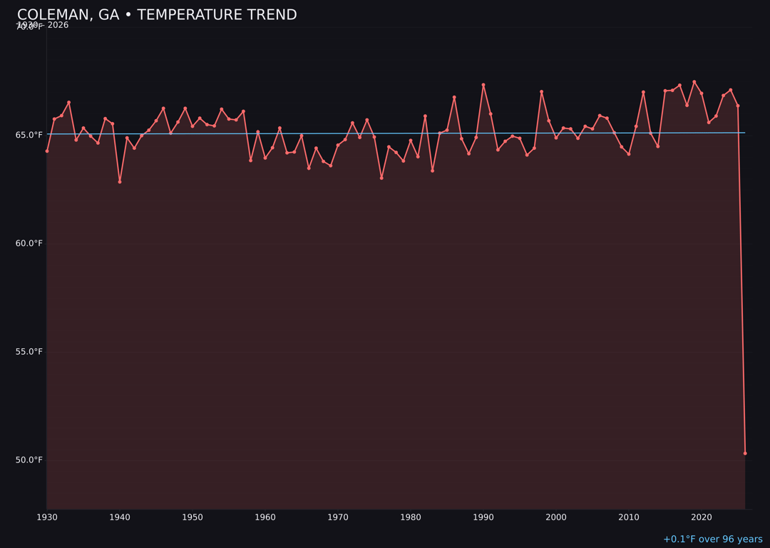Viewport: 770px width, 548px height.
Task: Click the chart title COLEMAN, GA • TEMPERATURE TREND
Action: tap(157, 15)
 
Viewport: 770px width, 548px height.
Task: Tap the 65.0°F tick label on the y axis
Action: tap(29, 135)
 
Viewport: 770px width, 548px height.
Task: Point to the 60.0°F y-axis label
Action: tap(29, 243)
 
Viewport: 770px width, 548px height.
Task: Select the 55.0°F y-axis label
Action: tap(29, 352)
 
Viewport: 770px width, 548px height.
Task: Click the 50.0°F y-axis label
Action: tap(29, 460)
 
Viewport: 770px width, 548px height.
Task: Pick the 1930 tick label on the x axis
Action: tap(47, 517)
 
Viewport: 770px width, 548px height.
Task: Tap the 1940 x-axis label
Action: tap(120, 517)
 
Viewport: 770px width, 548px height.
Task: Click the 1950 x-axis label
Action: tap(192, 517)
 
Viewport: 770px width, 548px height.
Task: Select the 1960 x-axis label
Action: tap(265, 517)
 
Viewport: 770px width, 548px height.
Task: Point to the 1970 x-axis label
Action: tap(338, 517)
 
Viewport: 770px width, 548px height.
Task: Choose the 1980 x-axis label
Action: tap(411, 517)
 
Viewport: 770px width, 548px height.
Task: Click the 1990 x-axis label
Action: tap(483, 517)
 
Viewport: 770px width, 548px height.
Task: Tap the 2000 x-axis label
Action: tap(556, 517)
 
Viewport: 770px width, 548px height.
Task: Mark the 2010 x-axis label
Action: tap(629, 517)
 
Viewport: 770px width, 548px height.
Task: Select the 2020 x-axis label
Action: tap(702, 517)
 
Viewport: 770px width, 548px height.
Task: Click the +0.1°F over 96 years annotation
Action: tap(712, 539)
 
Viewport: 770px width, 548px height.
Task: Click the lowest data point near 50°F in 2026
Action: tap(745, 453)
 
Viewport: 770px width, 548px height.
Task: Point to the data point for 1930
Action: tap(47, 151)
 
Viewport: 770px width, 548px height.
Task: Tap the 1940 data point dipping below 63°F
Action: tap(120, 182)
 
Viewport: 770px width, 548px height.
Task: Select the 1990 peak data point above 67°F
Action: tap(483, 85)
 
